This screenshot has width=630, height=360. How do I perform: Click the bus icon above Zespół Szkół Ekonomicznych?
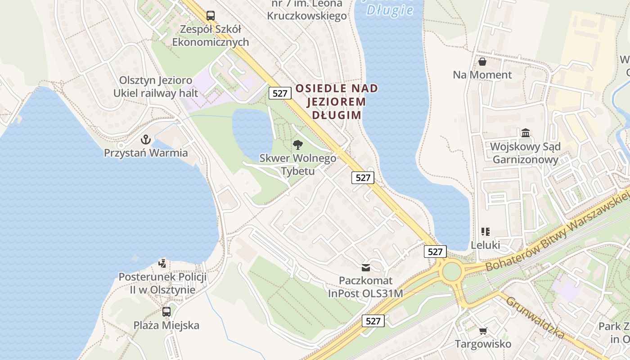point(211,16)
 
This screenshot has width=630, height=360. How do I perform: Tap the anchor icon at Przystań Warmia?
point(145,139)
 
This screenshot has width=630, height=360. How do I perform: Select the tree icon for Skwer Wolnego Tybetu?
point(297,144)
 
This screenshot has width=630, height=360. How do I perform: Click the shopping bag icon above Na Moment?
point(482,62)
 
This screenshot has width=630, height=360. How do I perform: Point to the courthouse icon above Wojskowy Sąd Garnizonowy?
point(525,133)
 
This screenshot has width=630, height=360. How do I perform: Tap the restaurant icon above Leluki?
point(485,232)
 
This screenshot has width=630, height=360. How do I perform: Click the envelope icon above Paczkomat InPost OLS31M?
point(366,267)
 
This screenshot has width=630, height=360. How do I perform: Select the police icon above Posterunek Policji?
point(162,263)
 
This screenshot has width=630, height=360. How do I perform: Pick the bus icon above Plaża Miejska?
point(166,311)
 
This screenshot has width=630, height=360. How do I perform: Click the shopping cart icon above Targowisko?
point(483,331)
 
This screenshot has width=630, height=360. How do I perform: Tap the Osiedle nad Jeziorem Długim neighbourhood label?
point(337,101)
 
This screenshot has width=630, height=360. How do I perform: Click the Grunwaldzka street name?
point(535,317)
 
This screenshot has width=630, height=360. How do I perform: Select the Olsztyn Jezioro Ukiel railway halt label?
point(156,86)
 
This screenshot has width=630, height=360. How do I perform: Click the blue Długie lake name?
point(390,9)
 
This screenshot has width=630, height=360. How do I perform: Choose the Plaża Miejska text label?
point(166,325)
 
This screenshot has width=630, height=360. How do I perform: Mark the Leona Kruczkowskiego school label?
point(307,10)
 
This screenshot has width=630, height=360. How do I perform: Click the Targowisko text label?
point(483,344)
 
